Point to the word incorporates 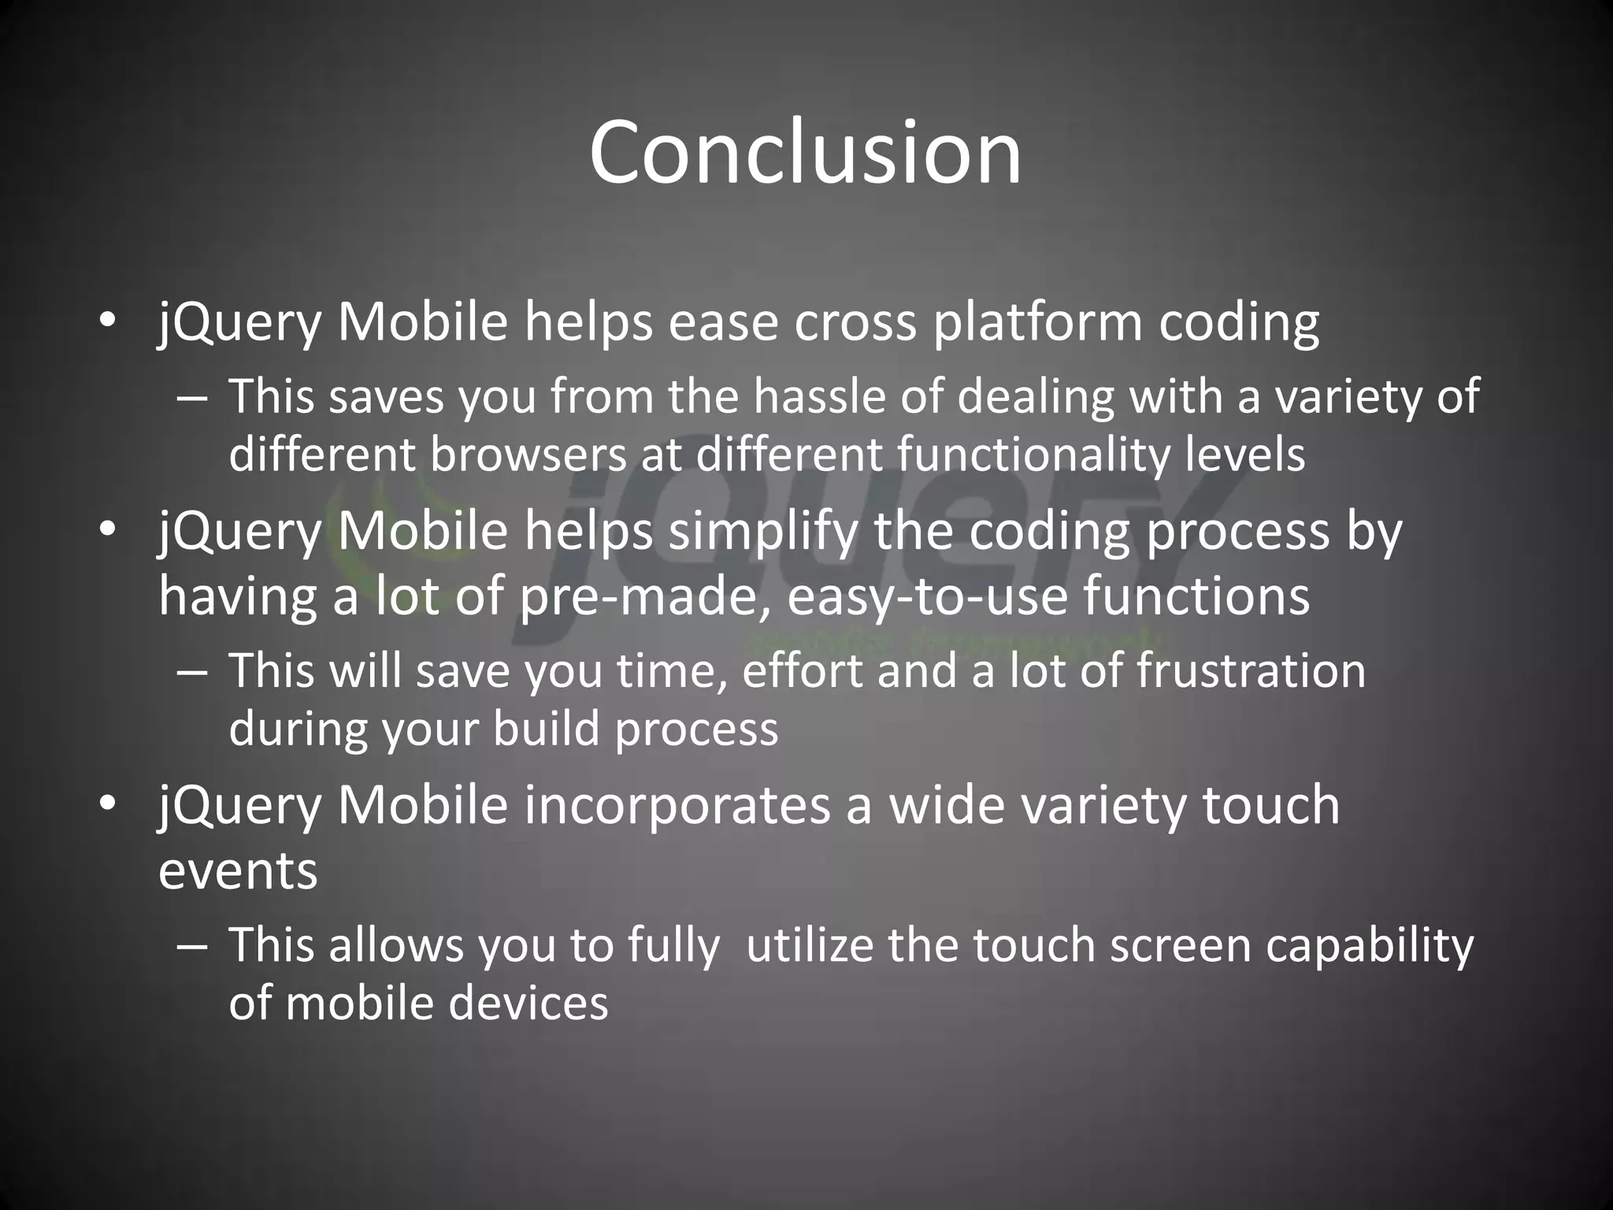coord(677,805)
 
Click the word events coord(238,870)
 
